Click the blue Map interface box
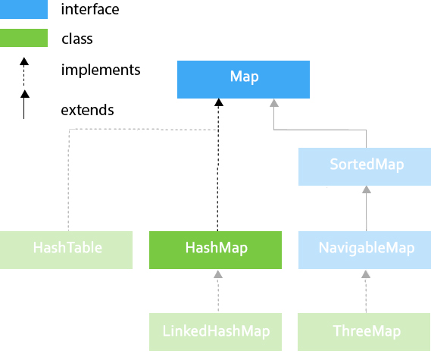(x=243, y=80)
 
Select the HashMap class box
(x=215, y=250)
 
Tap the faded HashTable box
(x=66, y=250)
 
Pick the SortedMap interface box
(x=365, y=167)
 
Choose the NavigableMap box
(x=365, y=250)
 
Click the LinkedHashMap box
(x=215, y=332)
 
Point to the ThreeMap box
(x=364, y=332)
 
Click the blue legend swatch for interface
(x=23, y=9)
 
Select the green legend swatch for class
(x=23, y=38)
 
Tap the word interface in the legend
(x=90, y=9)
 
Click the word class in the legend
(x=77, y=39)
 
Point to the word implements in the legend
(x=101, y=70)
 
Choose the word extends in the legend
(x=87, y=111)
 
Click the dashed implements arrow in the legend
(x=24, y=72)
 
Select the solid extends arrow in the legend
(x=24, y=105)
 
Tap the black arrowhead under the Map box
(x=219, y=102)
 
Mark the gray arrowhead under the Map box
(x=274, y=103)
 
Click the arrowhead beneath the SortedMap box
(x=367, y=189)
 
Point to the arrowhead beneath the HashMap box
(x=218, y=274)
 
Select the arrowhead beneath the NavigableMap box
(x=366, y=274)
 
